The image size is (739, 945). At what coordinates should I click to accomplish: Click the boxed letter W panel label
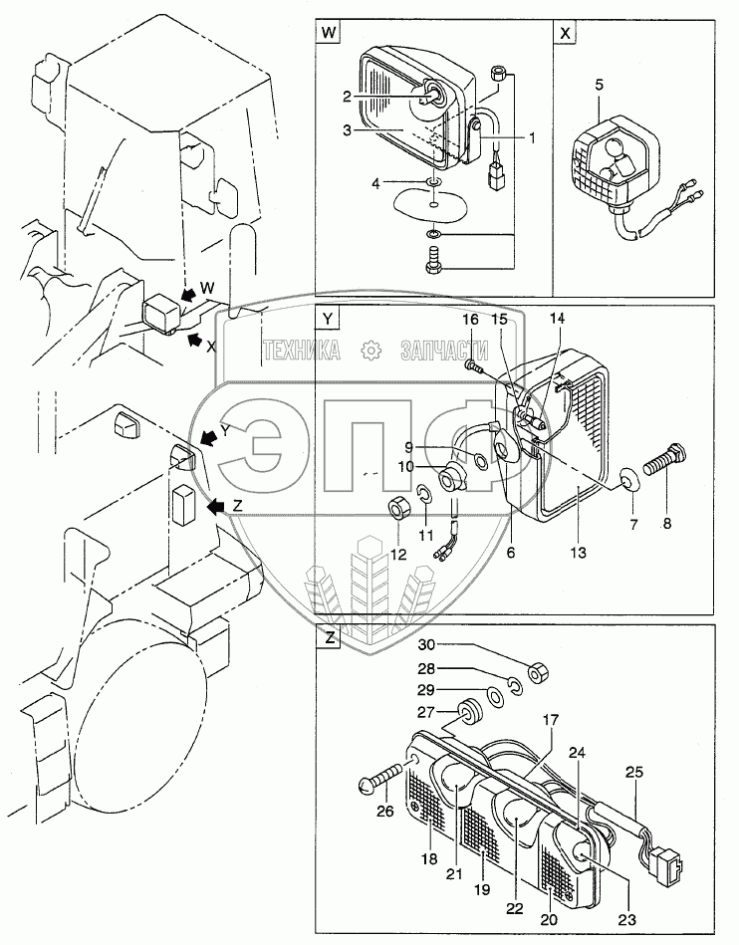point(328,32)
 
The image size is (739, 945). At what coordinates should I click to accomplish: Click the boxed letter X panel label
point(566,32)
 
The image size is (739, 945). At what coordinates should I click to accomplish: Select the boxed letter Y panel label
point(328,319)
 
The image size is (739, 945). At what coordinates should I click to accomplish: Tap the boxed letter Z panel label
point(328,639)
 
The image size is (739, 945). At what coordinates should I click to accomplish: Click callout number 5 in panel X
point(598,85)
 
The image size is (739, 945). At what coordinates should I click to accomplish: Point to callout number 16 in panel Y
point(470,320)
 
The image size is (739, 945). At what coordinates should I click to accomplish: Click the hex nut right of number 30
point(534,673)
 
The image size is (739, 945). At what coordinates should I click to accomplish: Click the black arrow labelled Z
point(212,507)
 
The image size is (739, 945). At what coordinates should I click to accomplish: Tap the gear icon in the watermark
point(370,351)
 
